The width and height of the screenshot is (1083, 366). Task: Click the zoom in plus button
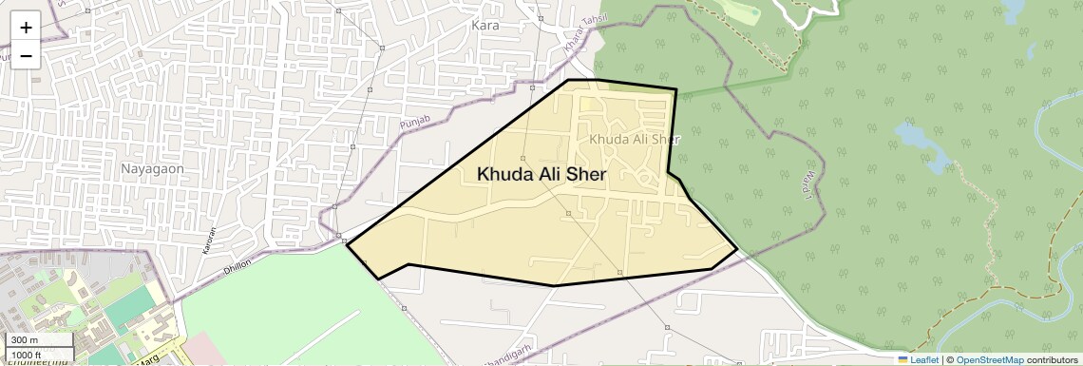26,28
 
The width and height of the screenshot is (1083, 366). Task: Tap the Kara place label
484,26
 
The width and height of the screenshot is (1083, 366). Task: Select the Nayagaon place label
151,168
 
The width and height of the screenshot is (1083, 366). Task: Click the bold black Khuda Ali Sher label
541,174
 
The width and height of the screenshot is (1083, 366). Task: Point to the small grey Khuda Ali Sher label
635,139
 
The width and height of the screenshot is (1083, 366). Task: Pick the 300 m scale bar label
25,340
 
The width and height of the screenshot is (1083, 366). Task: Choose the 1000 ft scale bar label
28,354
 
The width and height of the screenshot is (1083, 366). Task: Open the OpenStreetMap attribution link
989,359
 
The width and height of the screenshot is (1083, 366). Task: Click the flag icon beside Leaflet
902,359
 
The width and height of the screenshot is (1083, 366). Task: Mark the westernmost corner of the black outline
347,245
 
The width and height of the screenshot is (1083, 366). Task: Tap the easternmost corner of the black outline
737,250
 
